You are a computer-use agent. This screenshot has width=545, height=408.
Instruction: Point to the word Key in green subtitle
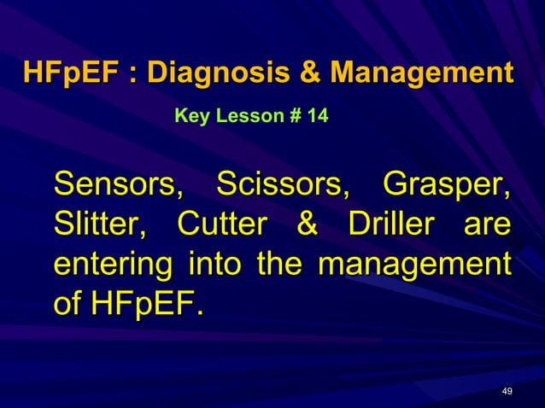[x=190, y=114]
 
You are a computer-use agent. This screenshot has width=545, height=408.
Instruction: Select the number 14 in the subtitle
[x=317, y=114]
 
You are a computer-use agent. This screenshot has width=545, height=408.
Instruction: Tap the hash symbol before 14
[x=296, y=114]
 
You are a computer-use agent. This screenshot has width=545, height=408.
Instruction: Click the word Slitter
[x=98, y=224]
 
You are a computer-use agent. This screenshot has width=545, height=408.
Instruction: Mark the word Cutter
[x=224, y=224]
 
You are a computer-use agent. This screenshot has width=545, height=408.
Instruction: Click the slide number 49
[x=507, y=391]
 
